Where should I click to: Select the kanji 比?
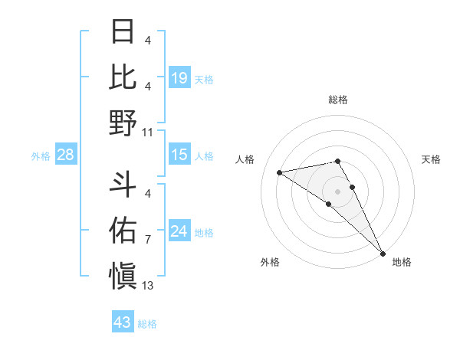pyautogui.click(x=123, y=77)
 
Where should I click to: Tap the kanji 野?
pyautogui.click(x=123, y=123)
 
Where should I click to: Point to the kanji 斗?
pyautogui.click(x=123, y=183)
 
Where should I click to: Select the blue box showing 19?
pyautogui.click(x=179, y=77)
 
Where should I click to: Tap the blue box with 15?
pyautogui.click(x=179, y=155)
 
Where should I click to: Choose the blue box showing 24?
pyautogui.click(x=179, y=231)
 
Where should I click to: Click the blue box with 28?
pyautogui.click(x=66, y=155)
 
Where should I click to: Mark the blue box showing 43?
pyautogui.click(x=122, y=322)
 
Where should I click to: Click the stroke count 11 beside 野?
pyautogui.click(x=147, y=132)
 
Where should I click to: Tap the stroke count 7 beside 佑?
pyautogui.click(x=147, y=240)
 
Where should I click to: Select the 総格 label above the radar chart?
pyautogui.click(x=338, y=100)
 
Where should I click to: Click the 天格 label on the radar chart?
pyautogui.click(x=432, y=159)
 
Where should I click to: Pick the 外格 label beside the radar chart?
pyautogui.click(x=270, y=262)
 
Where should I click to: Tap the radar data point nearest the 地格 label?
pyautogui.click(x=383, y=254)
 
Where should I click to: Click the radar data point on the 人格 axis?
pyautogui.click(x=280, y=172)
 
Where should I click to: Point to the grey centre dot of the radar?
pyautogui.click(x=338, y=191)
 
